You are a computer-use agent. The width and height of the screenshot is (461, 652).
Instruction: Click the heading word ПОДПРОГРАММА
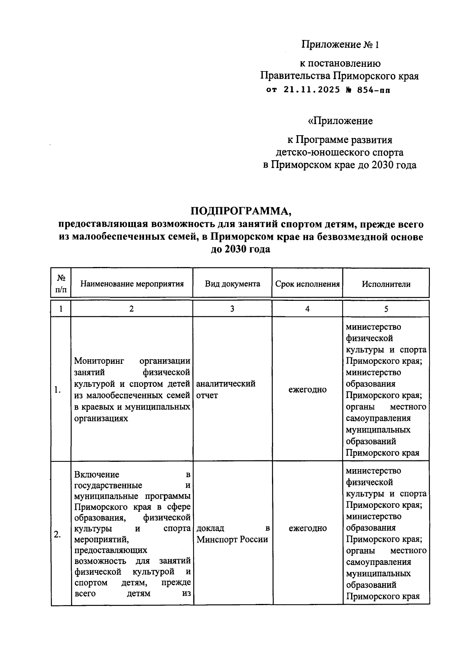[x=241, y=211]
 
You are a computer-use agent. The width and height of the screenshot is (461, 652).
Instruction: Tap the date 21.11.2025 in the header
[x=312, y=90]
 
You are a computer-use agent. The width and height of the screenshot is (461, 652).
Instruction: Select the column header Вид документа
[x=232, y=284]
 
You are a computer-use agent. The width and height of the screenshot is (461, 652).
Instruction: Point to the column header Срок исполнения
[x=307, y=284]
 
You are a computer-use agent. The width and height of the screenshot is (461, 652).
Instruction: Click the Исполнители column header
[x=386, y=284]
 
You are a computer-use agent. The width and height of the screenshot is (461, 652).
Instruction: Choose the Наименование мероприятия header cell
[x=132, y=284]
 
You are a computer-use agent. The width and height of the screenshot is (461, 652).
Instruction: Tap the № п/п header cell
[x=61, y=284]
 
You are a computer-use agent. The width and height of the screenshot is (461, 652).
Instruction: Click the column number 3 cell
[x=232, y=309]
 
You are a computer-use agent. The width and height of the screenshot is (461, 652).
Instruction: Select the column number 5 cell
[x=386, y=309]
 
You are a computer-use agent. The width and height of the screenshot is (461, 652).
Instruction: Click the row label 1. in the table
[x=58, y=390]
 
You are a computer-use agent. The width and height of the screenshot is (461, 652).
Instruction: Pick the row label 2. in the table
[x=57, y=534]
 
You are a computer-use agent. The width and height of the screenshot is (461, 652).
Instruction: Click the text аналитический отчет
[x=226, y=389]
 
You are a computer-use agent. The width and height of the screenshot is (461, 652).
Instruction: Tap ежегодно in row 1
[x=307, y=390]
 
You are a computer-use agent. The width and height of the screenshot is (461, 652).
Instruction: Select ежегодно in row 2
[x=307, y=528]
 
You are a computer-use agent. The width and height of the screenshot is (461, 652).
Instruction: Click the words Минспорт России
[x=232, y=539]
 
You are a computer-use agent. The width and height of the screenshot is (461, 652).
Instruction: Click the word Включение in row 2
[x=96, y=474]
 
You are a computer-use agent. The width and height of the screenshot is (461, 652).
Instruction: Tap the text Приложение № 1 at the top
[x=340, y=45]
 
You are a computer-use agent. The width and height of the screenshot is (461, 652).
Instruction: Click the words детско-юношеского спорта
[x=340, y=153]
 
